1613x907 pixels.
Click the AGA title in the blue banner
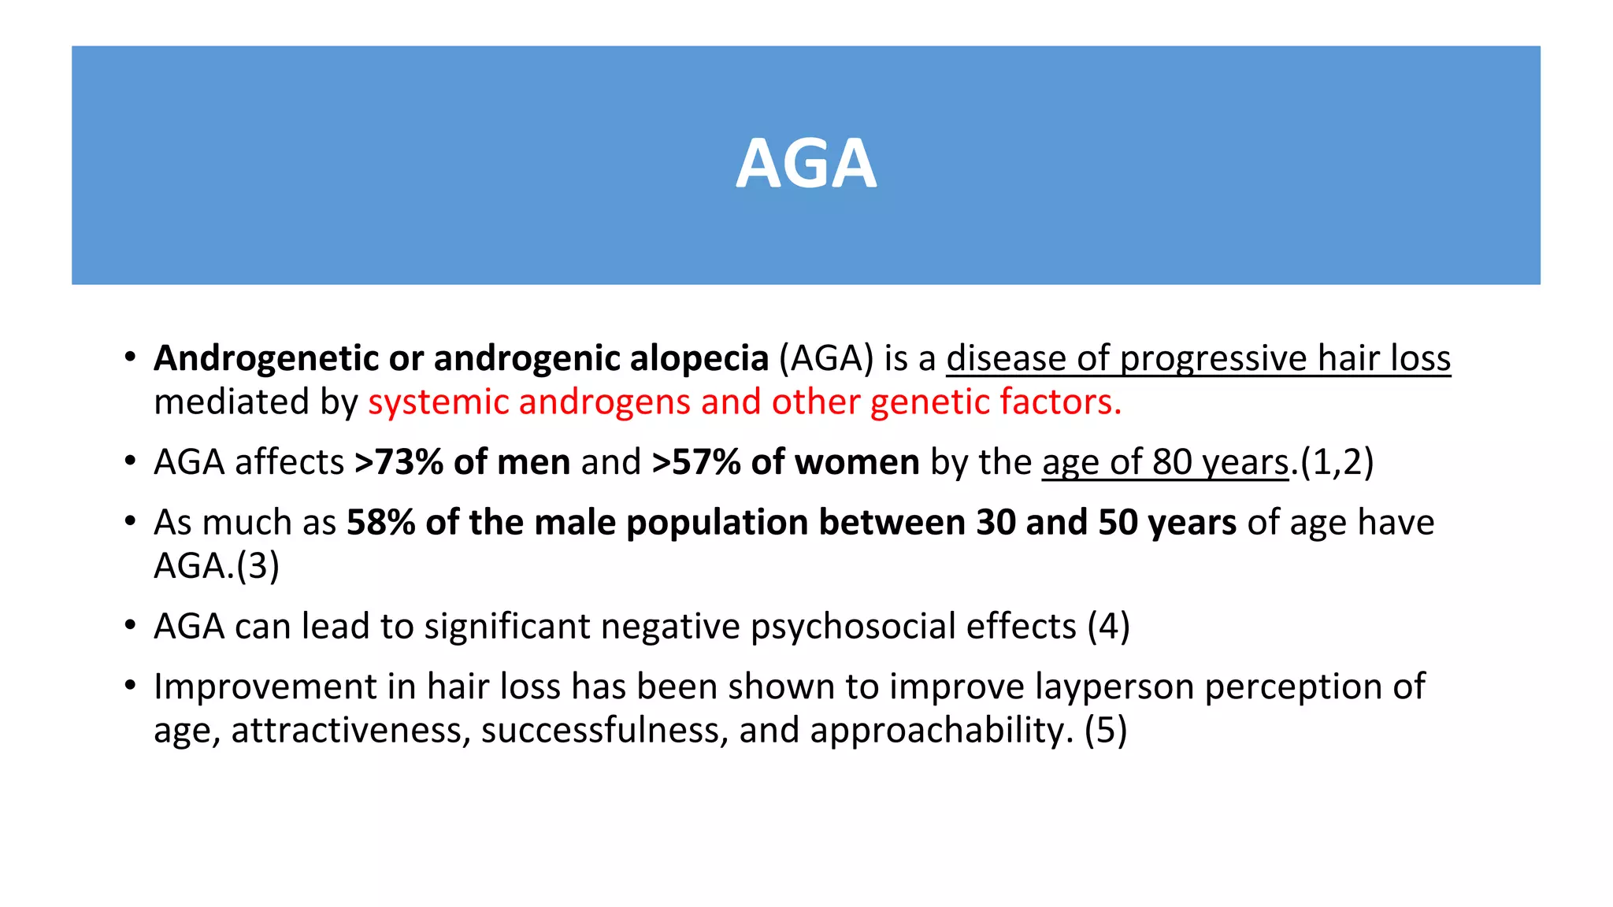pos(806,165)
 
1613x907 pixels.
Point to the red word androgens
pos(605,402)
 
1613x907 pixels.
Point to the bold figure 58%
pos(380,523)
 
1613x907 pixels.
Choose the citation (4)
pos(1109,627)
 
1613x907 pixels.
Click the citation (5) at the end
pos(1106,731)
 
